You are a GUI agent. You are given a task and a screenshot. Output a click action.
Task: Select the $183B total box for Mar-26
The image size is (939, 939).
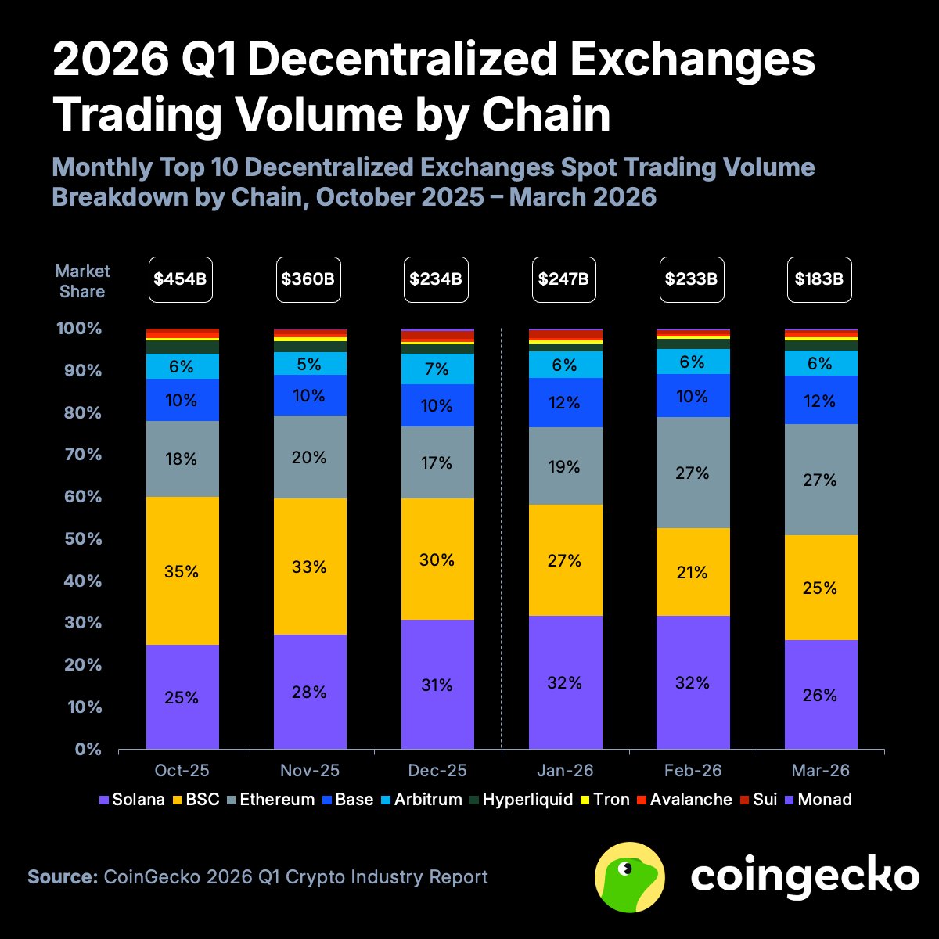[x=818, y=279]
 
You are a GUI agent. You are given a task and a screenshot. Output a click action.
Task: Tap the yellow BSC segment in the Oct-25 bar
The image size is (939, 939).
[x=182, y=570]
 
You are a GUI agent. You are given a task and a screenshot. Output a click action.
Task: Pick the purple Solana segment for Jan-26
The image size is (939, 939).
[x=565, y=682]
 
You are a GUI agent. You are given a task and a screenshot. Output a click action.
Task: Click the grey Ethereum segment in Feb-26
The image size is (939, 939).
[x=693, y=473]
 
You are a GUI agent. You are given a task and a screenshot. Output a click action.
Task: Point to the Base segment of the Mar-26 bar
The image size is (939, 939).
[x=820, y=400]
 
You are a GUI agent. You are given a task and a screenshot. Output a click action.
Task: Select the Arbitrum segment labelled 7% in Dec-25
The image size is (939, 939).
[x=437, y=369]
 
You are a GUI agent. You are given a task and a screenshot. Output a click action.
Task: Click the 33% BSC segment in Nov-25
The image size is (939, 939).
[x=310, y=566]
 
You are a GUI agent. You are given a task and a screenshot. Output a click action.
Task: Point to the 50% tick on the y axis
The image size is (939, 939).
[x=80, y=539]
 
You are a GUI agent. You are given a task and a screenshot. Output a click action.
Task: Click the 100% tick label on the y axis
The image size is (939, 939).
[x=80, y=329]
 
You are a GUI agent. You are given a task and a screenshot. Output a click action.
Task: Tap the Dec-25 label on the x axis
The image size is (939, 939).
[x=437, y=771]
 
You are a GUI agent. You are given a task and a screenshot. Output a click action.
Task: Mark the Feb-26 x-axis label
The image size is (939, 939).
[x=693, y=771]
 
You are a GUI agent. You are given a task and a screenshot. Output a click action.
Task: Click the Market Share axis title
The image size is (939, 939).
[x=82, y=281]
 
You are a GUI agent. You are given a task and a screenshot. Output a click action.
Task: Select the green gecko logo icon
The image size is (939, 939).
[x=630, y=877]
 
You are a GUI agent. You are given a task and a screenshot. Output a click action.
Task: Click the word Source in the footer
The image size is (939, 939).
[x=62, y=876]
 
